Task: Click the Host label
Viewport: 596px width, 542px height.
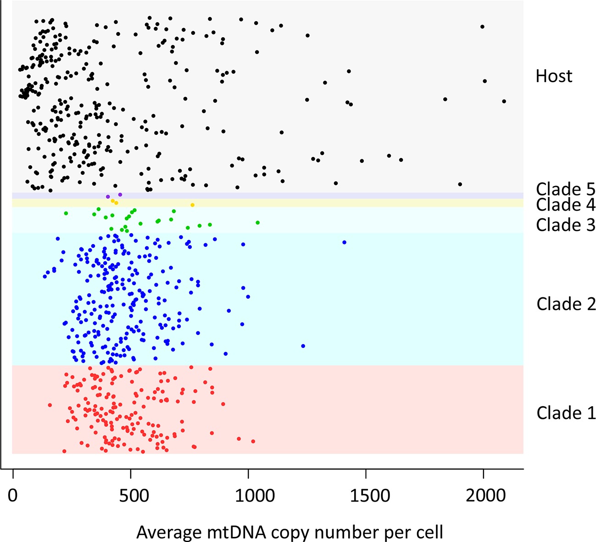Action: pyautogui.click(x=554, y=76)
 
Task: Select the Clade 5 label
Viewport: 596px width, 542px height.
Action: pyautogui.click(x=565, y=189)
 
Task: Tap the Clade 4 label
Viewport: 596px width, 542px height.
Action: pyautogui.click(x=565, y=205)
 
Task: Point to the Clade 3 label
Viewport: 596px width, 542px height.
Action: pyautogui.click(x=565, y=225)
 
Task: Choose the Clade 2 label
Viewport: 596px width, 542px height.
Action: pyautogui.click(x=566, y=304)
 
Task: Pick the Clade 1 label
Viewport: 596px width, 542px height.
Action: pyautogui.click(x=566, y=413)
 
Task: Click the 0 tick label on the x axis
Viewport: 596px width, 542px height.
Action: pyautogui.click(x=13, y=496)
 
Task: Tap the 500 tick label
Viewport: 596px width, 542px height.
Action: pyautogui.click(x=131, y=496)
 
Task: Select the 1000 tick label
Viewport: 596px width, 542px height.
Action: pyautogui.click(x=248, y=496)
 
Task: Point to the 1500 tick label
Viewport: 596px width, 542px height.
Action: pyautogui.click(x=366, y=496)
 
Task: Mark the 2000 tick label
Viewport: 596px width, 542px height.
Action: pyautogui.click(x=483, y=496)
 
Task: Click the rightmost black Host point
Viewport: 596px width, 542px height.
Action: pyautogui.click(x=504, y=101)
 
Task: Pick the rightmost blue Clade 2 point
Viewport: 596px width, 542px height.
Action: pyautogui.click(x=344, y=242)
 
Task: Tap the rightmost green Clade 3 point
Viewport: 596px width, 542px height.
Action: pyautogui.click(x=257, y=223)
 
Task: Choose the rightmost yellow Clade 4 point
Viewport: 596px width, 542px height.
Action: pyautogui.click(x=192, y=205)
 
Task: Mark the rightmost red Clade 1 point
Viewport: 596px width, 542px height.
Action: pyautogui.click(x=253, y=441)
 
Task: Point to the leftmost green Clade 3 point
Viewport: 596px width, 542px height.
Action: pyautogui.click(x=66, y=213)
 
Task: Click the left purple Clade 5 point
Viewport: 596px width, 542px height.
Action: pyautogui.click(x=108, y=197)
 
